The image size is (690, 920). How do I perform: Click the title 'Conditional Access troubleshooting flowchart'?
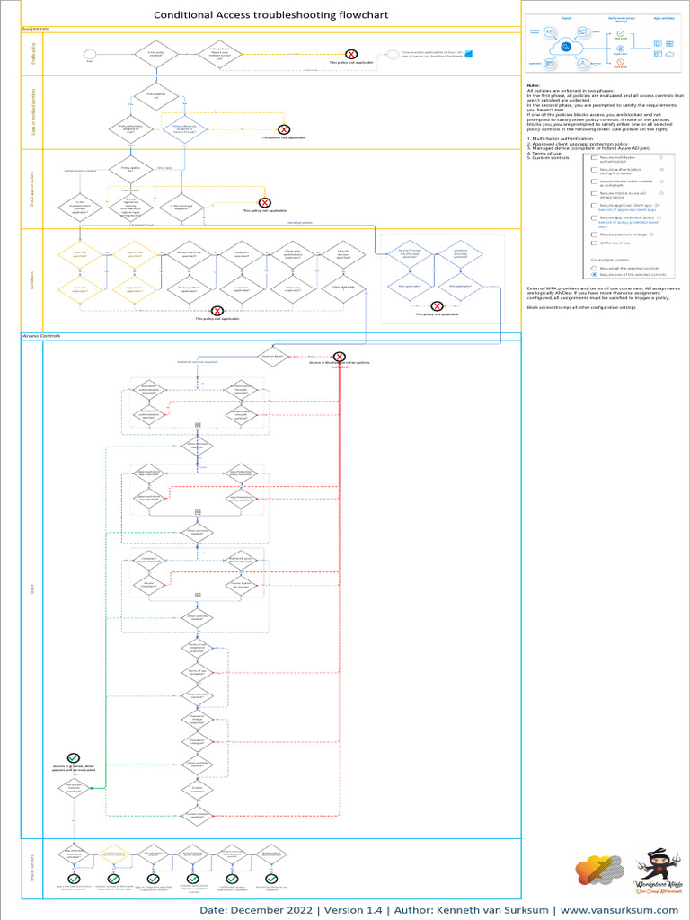(260, 14)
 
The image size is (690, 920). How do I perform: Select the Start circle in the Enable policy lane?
(89, 55)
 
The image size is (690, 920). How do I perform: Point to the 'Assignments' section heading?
(35, 29)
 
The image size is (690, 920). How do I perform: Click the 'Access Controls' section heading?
(43, 335)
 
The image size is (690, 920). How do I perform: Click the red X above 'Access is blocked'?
(340, 357)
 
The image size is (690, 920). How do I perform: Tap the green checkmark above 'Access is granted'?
(73, 759)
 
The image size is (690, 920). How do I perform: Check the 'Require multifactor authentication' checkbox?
(593, 157)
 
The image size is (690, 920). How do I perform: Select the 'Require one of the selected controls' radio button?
(594, 274)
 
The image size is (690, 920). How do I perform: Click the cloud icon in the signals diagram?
(568, 47)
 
